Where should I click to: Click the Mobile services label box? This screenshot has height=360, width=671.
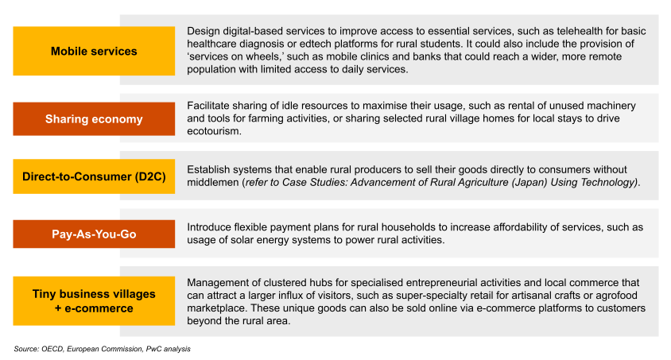coord(94,51)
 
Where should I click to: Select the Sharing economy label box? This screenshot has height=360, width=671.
coord(94,119)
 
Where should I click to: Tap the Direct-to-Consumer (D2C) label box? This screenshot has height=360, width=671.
coord(94,176)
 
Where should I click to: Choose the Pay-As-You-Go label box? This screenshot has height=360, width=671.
coord(94,234)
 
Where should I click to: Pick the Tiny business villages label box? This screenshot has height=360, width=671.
coord(94,300)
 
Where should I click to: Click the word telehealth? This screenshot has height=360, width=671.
coord(569,31)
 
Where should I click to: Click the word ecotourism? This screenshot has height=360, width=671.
coord(213,131)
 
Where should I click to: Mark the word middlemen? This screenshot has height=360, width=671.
coord(213,183)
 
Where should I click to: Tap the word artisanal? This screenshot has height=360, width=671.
coord(533,296)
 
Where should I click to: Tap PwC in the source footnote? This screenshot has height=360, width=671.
coord(153,349)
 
